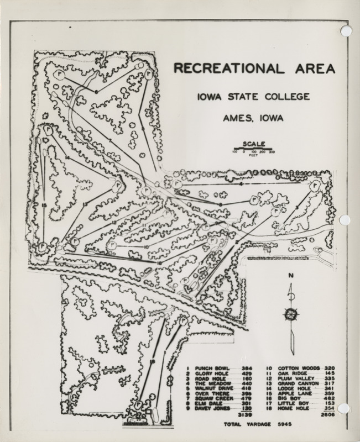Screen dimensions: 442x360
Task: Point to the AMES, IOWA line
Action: (253, 117)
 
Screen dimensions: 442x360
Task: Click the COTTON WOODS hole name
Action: (298, 368)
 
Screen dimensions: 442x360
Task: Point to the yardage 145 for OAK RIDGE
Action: (329, 373)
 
